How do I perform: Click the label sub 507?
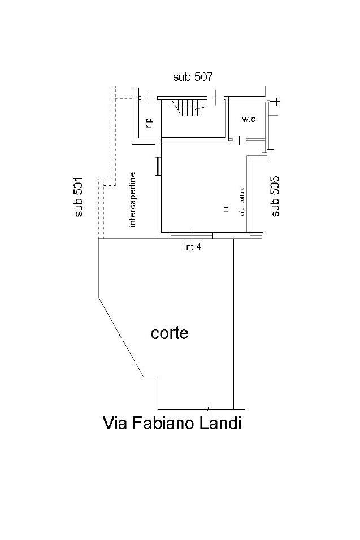[x=193, y=76]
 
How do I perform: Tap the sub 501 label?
[x=79, y=197]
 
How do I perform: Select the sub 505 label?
[x=275, y=197]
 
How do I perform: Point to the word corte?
[x=170, y=333]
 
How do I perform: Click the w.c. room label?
[x=249, y=120]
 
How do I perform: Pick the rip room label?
[x=149, y=123]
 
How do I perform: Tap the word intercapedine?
[x=132, y=200]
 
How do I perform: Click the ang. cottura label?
[x=242, y=202]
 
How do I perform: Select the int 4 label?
[x=193, y=247]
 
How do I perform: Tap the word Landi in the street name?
[x=220, y=423]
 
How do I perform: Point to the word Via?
[x=115, y=423]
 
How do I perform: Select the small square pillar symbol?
[x=226, y=209]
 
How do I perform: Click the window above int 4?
[x=192, y=236]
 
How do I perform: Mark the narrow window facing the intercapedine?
[x=158, y=166]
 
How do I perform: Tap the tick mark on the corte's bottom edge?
[x=208, y=408]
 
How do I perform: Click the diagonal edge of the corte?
[x=121, y=337]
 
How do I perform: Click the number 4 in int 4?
[x=198, y=247]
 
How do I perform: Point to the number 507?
[x=203, y=76]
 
